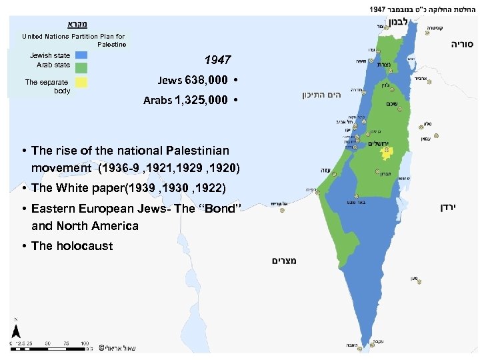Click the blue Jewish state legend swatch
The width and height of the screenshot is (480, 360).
[81, 56]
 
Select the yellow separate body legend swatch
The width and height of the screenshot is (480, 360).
[81, 83]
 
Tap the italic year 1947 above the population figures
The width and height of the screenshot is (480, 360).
[217, 61]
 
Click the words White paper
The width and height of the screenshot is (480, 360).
[89, 187]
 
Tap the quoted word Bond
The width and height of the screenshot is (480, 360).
[215, 209]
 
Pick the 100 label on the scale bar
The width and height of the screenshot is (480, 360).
[85, 344]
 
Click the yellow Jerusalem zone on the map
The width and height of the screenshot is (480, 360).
[385, 153]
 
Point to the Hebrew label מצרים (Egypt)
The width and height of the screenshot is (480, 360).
[284, 260]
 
